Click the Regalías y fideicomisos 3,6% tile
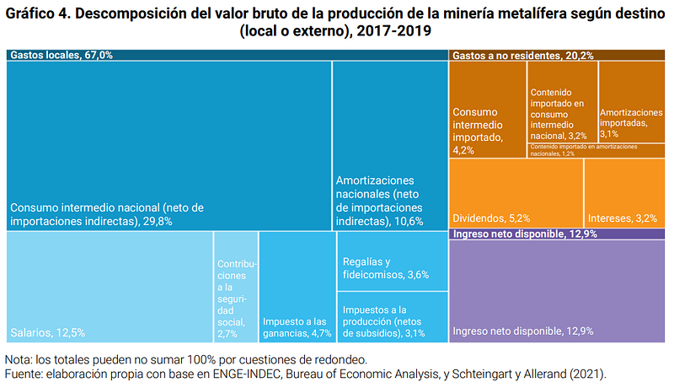point(391,261)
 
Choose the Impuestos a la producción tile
point(391,317)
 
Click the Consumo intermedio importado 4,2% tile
point(488,110)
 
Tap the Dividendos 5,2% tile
point(515,192)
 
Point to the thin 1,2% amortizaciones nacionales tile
point(597,150)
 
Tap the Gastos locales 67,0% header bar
point(226,55)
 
